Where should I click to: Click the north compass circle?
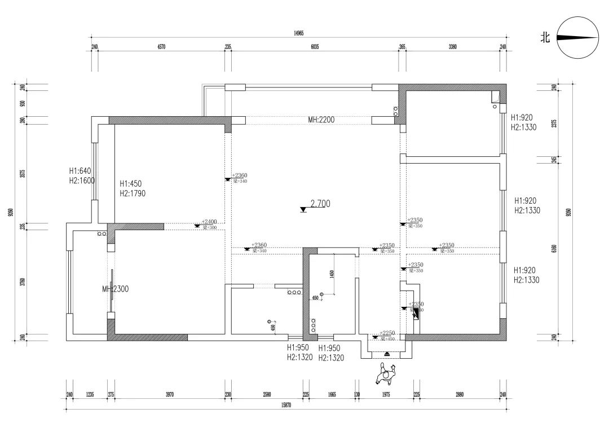578,38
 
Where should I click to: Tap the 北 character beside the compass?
545,38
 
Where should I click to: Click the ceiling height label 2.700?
320,204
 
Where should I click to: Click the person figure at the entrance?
386,374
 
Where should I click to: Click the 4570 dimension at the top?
161,47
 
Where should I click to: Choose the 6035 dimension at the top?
315,47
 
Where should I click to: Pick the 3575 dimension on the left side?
23,173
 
